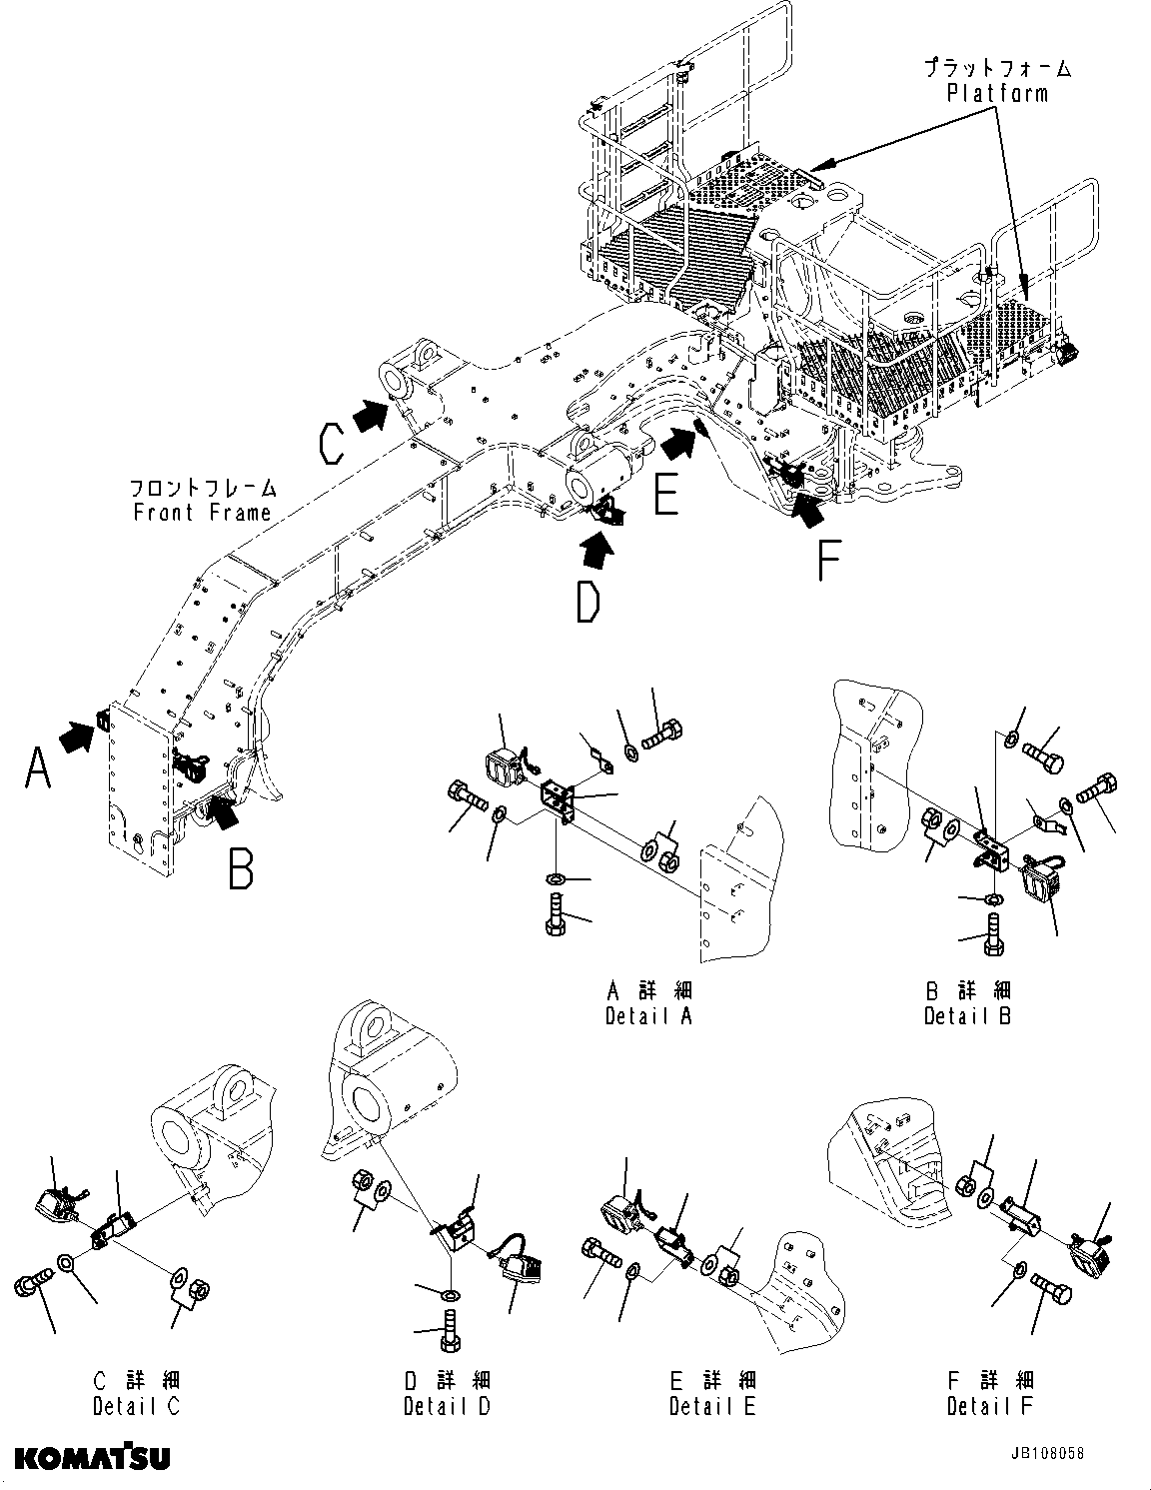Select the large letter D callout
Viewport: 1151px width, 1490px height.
tap(588, 601)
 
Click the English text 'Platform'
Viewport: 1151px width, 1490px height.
tap(997, 94)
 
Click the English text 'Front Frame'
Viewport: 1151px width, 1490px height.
tap(202, 513)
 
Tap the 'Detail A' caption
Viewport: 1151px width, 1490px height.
tap(648, 1016)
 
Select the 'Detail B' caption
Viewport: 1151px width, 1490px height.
tap(967, 1016)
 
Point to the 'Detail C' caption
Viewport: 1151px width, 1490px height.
tap(137, 1406)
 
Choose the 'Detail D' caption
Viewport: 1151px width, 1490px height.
tap(447, 1406)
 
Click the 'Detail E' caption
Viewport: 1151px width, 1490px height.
tap(712, 1406)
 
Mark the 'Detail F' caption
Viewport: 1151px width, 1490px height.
tap(990, 1406)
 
